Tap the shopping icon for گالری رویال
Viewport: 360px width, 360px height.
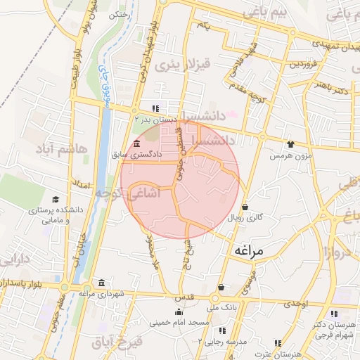[245, 207]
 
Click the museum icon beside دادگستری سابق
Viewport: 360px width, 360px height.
[136, 143]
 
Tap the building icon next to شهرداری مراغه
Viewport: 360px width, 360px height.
[102, 283]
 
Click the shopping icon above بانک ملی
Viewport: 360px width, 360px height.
[221, 288]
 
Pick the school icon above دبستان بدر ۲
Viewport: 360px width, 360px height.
[155, 108]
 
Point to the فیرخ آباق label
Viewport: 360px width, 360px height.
[117, 343]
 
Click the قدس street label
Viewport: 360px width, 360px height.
[184, 298]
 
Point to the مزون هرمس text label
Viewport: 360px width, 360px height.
[293, 154]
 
